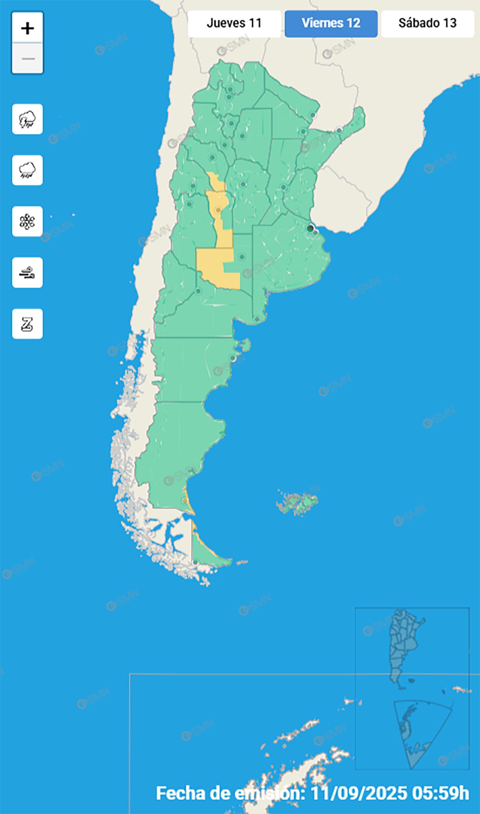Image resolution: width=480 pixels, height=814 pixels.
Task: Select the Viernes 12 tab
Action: pos(331,24)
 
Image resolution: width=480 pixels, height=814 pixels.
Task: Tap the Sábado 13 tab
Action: pos(427,24)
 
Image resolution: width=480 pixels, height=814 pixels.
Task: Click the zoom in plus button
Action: pos(27,29)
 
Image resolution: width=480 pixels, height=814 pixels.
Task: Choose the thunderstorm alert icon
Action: pos(27,119)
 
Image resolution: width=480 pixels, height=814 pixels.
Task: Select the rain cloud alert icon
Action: pos(27,170)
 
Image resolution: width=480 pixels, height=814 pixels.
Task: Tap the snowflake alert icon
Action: pos(27,221)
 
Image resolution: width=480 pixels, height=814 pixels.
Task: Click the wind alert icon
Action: pos(27,272)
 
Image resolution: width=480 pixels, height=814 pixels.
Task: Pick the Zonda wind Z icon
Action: pos(27,324)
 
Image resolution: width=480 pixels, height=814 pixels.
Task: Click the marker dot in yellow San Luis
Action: pos(218,210)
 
